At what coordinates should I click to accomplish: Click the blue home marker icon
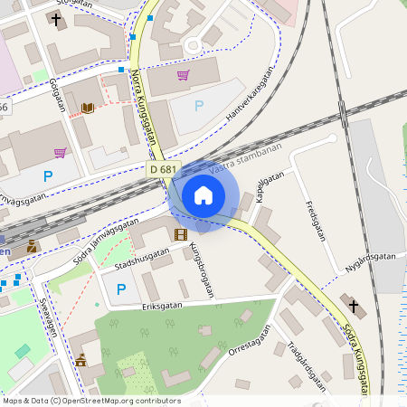(203, 194)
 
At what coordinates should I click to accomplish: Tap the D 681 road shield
(165, 169)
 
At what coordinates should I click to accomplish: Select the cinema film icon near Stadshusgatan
(180, 234)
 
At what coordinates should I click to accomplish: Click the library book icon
(88, 109)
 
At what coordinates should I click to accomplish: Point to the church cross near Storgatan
(56, 19)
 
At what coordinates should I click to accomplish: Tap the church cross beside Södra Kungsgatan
(352, 306)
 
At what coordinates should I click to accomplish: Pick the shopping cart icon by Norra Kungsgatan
(183, 75)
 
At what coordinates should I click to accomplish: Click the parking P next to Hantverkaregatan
(199, 106)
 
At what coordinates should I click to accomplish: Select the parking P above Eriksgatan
(120, 289)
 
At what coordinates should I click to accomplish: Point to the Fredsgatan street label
(315, 220)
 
